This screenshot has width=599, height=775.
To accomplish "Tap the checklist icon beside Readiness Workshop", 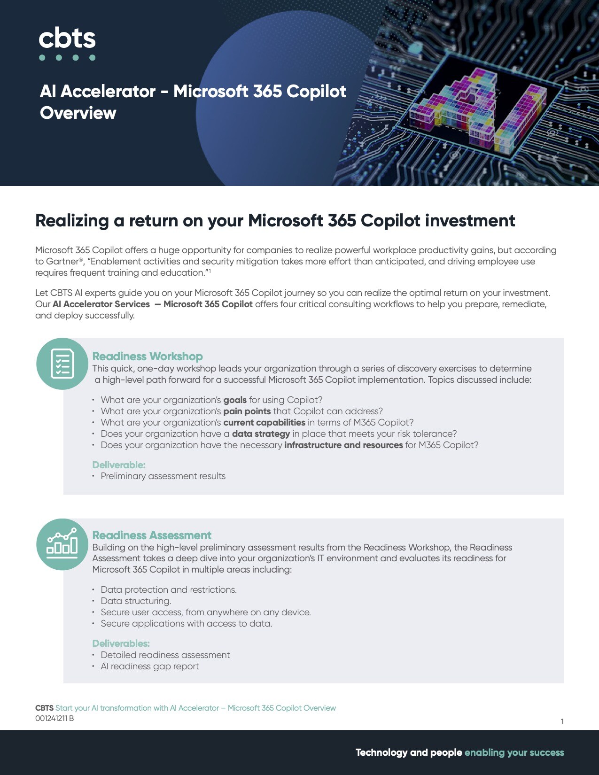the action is click(x=62, y=364).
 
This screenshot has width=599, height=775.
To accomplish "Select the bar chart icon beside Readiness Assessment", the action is click(x=62, y=544).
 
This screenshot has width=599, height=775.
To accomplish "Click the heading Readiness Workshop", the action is click(x=148, y=356).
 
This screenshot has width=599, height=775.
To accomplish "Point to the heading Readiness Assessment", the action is click(x=152, y=535).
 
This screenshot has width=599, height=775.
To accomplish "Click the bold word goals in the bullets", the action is click(x=235, y=400).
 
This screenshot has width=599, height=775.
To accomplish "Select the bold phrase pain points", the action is click(x=247, y=411).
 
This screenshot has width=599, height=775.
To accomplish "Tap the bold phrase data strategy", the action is click(x=261, y=434).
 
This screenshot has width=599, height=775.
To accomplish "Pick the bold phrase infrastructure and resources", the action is click(x=343, y=445).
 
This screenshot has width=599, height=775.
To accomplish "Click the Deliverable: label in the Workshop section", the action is click(x=119, y=465).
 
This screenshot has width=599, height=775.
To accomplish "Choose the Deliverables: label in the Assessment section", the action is click(x=121, y=643).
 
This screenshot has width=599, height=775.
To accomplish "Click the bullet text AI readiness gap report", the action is click(x=150, y=666).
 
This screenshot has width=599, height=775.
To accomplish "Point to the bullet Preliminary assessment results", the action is click(x=163, y=476).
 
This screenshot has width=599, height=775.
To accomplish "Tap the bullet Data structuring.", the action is click(x=136, y=601).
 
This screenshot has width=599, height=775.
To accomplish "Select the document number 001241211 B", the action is click(x=54, y=719).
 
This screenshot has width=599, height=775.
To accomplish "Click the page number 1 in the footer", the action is click(x=562, y=721).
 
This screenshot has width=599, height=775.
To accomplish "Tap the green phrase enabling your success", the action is click(x=514, y=752).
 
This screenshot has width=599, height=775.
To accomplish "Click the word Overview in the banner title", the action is click(x=78, y=113).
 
